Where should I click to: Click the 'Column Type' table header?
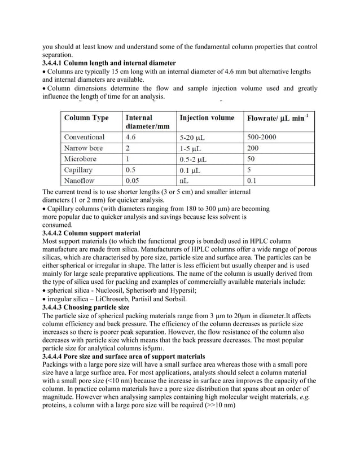point(86,118)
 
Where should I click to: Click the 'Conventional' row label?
point(85,137)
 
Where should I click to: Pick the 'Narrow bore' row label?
point(84,148)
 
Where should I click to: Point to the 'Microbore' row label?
point(81,159)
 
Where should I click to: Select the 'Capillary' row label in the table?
point(79,170)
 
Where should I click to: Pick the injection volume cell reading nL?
point(184,181)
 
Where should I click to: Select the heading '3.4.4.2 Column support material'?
point(91,232)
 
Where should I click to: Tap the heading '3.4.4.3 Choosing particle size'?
point(86,307)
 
